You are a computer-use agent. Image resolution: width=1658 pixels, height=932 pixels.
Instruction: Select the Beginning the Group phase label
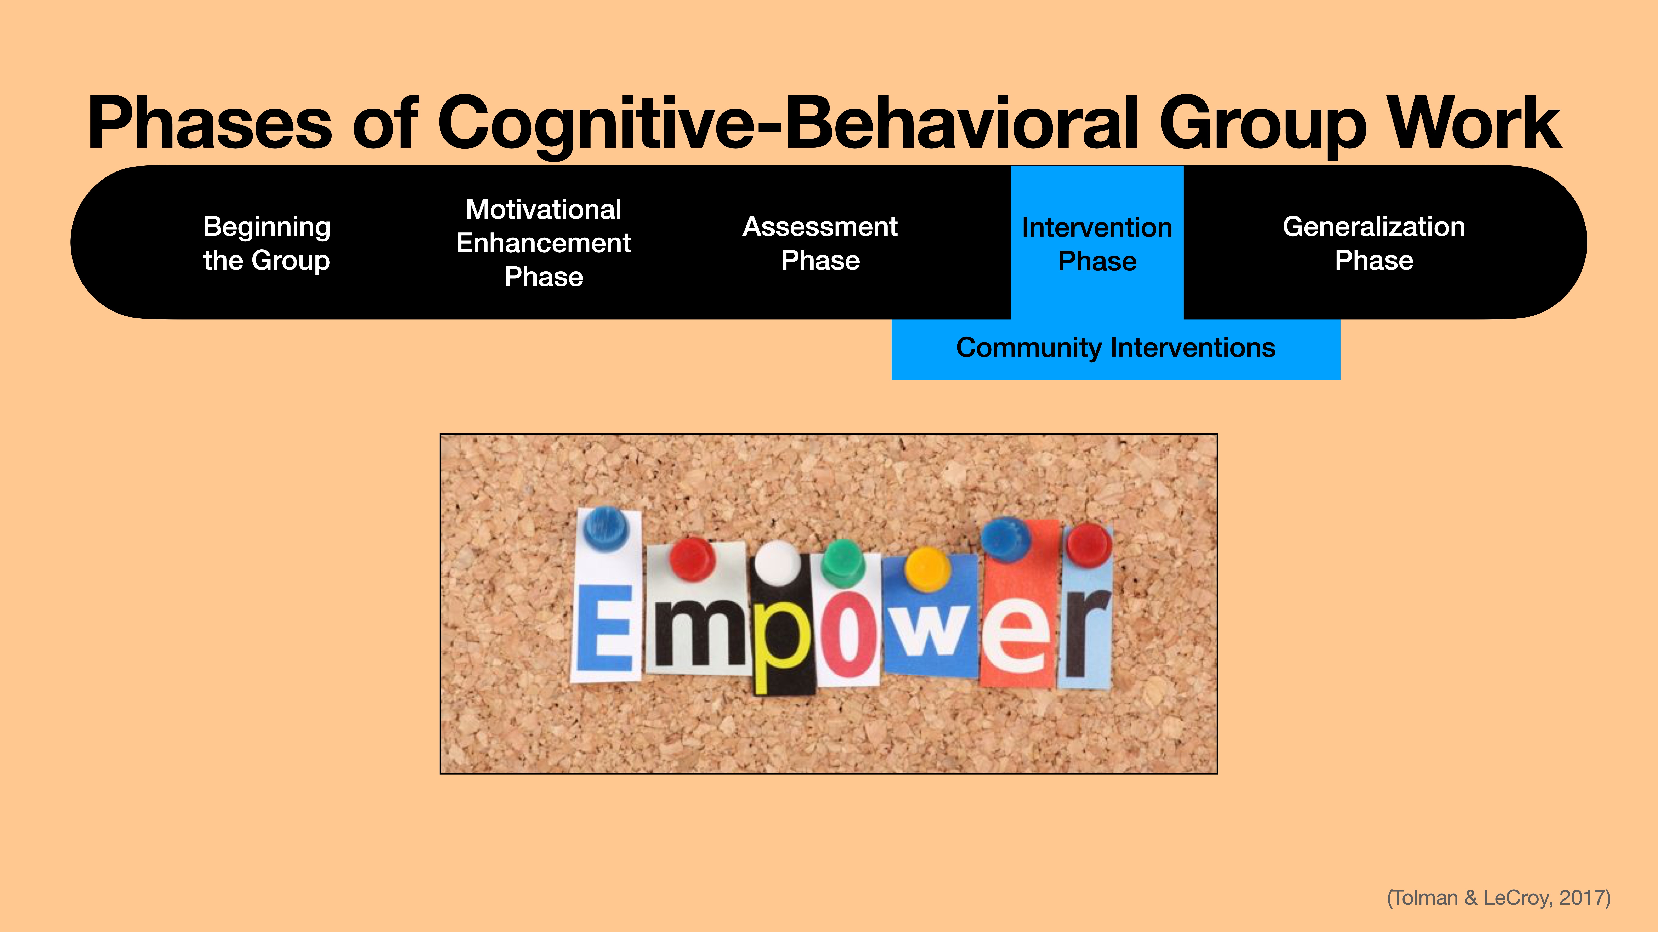[266, 243]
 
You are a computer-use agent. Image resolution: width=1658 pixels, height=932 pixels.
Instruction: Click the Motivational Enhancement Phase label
[543, 243]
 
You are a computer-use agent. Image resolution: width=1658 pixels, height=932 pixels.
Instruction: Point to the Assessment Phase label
[820, 243]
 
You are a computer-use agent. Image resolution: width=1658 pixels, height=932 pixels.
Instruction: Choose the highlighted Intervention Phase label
[1097, 244]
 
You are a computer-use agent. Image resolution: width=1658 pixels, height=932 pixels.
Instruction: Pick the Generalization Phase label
[1373, 243]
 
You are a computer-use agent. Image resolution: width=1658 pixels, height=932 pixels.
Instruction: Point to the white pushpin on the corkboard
[778, 561]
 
